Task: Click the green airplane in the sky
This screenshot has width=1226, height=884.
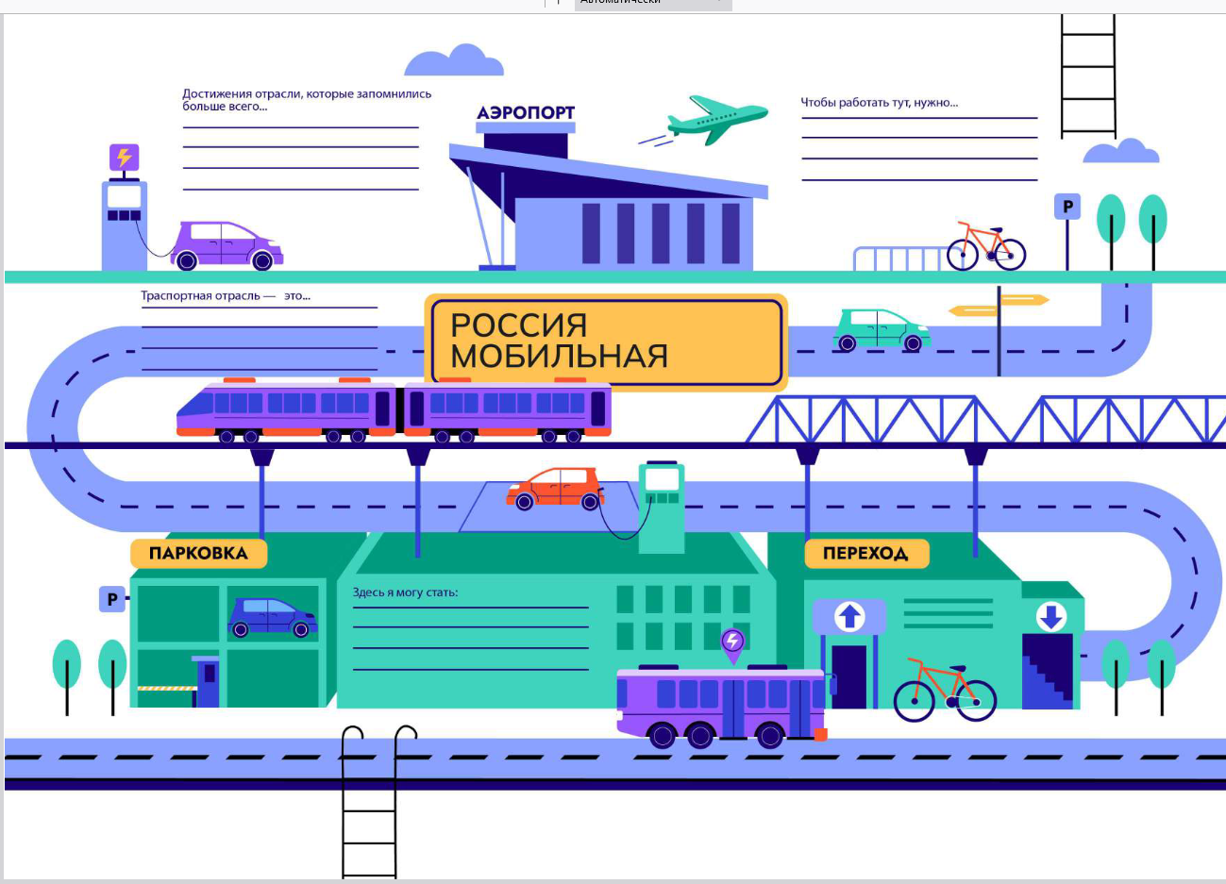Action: (x=717, y=121)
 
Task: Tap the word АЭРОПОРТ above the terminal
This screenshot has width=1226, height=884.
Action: (x=526, y=112)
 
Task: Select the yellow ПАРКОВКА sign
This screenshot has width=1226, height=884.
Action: (x=199, y=553)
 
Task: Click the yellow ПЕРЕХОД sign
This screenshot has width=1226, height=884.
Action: (x=866, y=553)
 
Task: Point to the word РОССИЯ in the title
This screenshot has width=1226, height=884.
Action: (x=519, y=325)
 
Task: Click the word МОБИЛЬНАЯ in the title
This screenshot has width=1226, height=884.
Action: (x=560, y=356)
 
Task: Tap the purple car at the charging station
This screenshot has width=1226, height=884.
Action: (x=227, y=245)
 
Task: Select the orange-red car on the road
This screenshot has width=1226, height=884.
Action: (x=555, y=489)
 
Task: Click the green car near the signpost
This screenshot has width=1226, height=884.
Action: (x=882, y=330)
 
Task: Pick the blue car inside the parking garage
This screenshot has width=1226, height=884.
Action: (x=272, y=617)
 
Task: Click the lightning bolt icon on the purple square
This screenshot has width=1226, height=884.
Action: (x=125, y=157)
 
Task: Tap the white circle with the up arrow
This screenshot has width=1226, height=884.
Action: (x=849, y=616)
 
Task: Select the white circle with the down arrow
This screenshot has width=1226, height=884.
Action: (x=1050, y=616)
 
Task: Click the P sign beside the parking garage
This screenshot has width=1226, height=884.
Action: (x=112, y=599)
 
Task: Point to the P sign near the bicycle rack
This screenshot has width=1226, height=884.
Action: (x=1067, y=207)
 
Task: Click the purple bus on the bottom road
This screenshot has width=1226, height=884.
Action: (x=721, y=707)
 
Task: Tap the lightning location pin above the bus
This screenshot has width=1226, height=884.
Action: (x=733, y=645)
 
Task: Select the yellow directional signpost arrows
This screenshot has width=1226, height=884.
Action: (x=999, y=305)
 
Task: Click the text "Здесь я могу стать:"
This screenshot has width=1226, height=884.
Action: (x=405, y=592)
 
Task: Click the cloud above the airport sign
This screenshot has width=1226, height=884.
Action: (x=454, y=60)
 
